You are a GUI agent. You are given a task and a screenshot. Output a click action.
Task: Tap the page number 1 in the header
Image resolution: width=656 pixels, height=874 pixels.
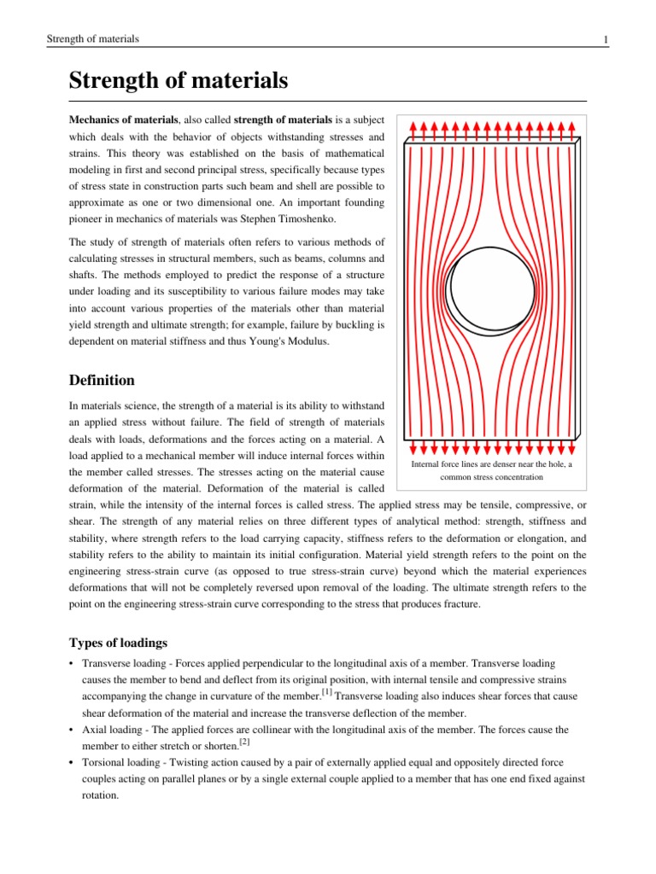pyautogui.click(x=605, y=39)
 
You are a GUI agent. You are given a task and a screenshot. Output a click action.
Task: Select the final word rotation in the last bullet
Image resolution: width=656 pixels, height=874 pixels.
pyautogui.click(x=100, y=794)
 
